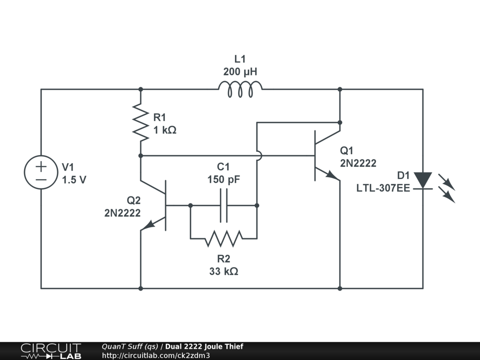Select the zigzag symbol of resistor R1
(141, 122)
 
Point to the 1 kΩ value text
(165, 130)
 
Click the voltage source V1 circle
(41, 172)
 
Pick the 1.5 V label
(74, 180)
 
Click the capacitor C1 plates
(224, 205)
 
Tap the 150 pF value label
(224, 180)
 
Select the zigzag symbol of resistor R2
(224, 238)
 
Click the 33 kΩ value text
(224, 271)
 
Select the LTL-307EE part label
(383, 188)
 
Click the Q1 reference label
(347, 151)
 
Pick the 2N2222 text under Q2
(122, 213)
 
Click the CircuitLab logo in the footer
(51, 351)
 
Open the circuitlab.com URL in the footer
(156, 355)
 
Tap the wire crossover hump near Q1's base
(257, 155)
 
